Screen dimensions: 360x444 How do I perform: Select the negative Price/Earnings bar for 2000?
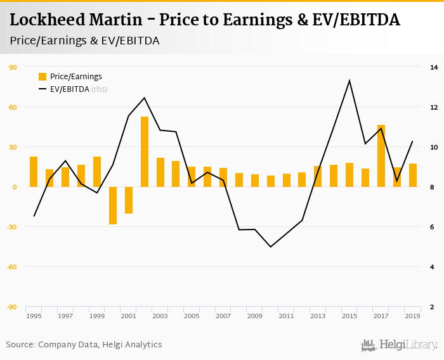pos(113,205)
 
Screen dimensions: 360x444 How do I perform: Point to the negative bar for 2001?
pos(129,200)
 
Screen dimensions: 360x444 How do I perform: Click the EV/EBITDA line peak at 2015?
pos(349,80)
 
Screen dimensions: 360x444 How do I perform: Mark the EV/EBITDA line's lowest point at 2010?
pos(271,247)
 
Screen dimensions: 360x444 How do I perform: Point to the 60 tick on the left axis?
pos(13,107)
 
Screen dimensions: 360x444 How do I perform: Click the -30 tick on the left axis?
pos(12,227)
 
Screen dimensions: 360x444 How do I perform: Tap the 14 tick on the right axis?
pos(434,67)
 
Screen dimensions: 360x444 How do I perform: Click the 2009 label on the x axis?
pos(255,316)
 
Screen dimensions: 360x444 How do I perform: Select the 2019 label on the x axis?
pos(413,316)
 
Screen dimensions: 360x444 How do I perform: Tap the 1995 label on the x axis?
pos(34,316)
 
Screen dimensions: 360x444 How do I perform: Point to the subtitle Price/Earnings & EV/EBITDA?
pos(84,41)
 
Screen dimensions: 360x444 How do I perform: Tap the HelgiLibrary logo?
pos(400,345)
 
